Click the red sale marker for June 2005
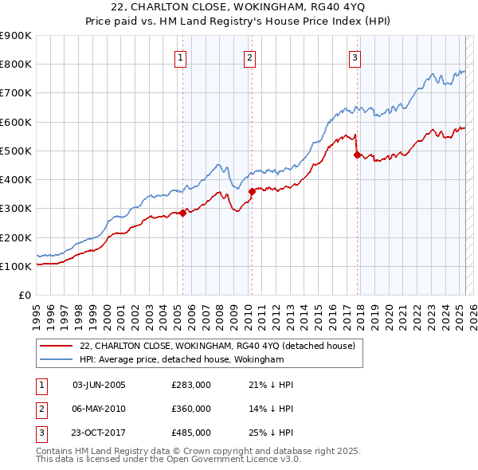(182, 213)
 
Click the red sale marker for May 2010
(252, 190)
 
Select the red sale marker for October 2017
(357, 155)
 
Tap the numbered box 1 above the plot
(181, 57)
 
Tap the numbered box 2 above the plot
(249, 57)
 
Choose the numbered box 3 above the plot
(355, 57)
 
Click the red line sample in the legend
(57, 346)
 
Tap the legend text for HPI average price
(182, 359)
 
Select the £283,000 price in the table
(190, 386)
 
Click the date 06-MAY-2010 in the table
(99, 409)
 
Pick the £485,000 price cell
(190, 433)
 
